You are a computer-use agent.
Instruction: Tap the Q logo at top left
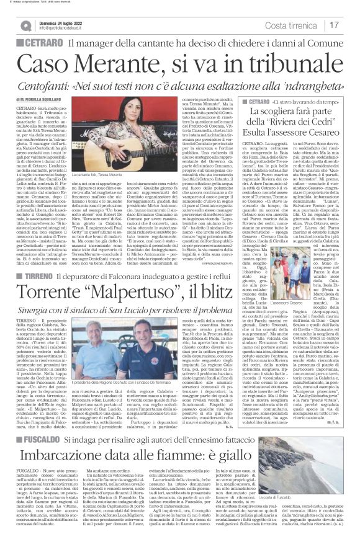click(x=26, y=25)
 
